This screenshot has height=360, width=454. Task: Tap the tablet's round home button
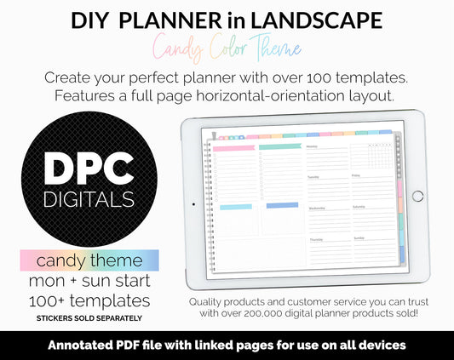pyautogui.click(x=417, y=196)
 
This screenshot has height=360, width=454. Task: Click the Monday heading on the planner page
pyautogui.click(x=312, y=146)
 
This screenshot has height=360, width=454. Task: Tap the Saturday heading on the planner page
pyautogui.click(x=359, y=208)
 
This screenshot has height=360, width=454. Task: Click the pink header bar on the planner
pyautogui.click(x=232, y=147)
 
